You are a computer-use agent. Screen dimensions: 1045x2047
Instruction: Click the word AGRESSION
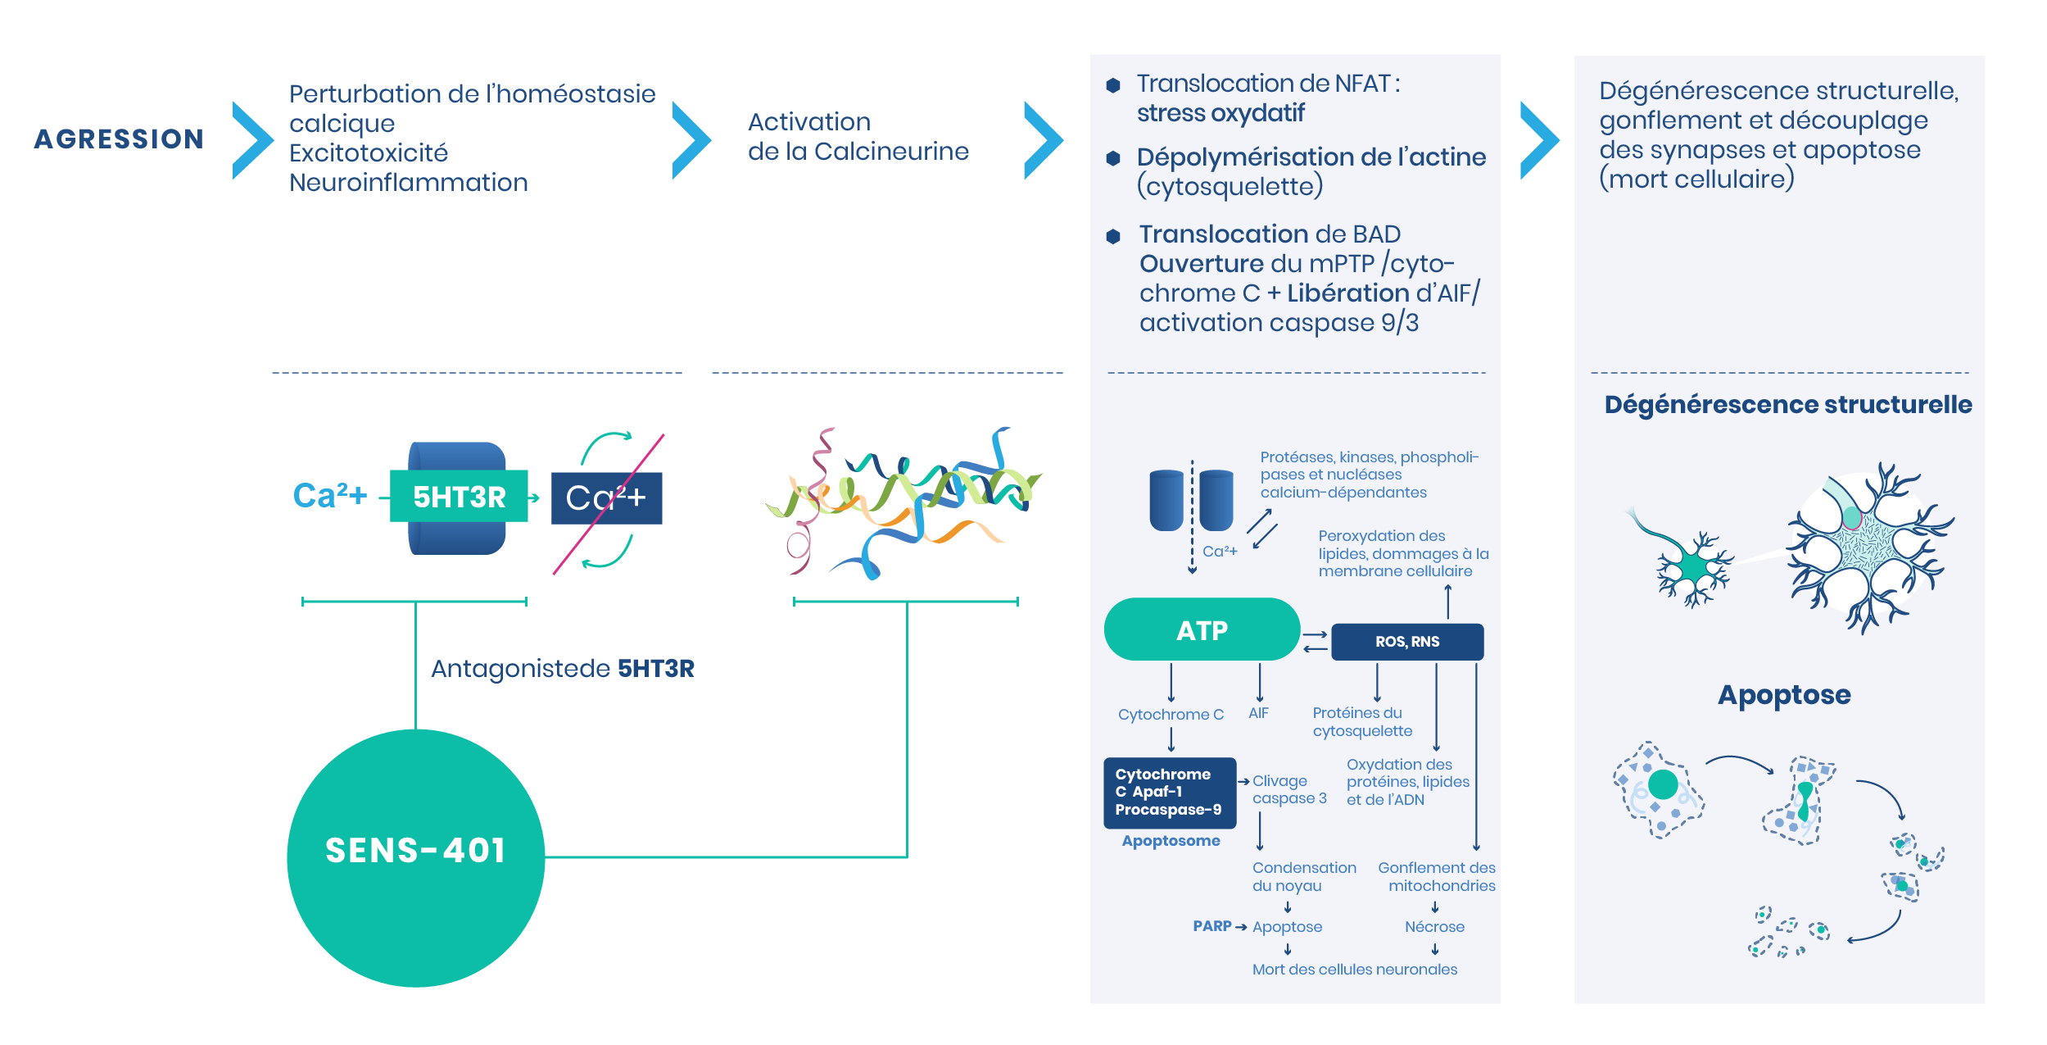click(x=119, y=139)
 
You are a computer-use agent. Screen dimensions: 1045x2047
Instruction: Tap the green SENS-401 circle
click(x=415, y=857)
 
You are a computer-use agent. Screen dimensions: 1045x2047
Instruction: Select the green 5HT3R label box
click(x=459, y=497)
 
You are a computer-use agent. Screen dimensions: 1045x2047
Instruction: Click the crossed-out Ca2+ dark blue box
click(x=606, y=498)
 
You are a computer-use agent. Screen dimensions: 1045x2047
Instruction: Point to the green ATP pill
click(x=1202, y=629)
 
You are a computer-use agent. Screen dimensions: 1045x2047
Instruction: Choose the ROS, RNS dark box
click(x=1406, y=642)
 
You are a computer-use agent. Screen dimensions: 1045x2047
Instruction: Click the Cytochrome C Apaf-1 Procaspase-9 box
click(x=1169, y=792)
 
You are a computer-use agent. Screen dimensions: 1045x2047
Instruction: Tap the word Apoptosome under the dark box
click(x=1171, y=841)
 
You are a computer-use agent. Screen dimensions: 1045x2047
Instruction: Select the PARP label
click(x=1211, y=926)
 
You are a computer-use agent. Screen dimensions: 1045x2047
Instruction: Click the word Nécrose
click(x=1434, y=927)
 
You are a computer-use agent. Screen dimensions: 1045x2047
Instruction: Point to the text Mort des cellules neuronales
click(x=1354, y=970)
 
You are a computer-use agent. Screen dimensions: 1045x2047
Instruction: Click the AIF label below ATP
click(x=1258, y=714)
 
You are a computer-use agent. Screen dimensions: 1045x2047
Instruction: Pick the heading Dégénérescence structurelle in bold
click(x=1787, y=405)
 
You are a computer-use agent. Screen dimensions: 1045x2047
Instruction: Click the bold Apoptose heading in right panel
click(x=1784, y=695)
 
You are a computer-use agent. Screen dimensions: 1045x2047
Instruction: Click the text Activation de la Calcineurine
click(x=858, y=137)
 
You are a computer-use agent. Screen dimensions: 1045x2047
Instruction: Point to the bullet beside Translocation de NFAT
click(x=1112, y=85)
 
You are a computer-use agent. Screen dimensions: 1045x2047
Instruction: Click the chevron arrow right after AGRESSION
click(x=251, y=140)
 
